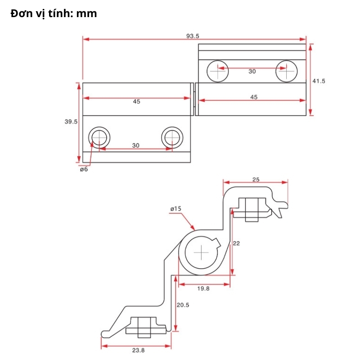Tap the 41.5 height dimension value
(319, 81)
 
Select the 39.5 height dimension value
(71, 121)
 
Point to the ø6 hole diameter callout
(84, 169)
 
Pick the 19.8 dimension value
(204, 289)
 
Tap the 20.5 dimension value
(183, 305)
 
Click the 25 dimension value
(256, 180)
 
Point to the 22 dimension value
(237, 243)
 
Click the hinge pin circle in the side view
(201, 253)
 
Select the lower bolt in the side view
(144, 327)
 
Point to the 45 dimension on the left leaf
(136, 102)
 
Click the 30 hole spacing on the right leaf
(252, 72)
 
